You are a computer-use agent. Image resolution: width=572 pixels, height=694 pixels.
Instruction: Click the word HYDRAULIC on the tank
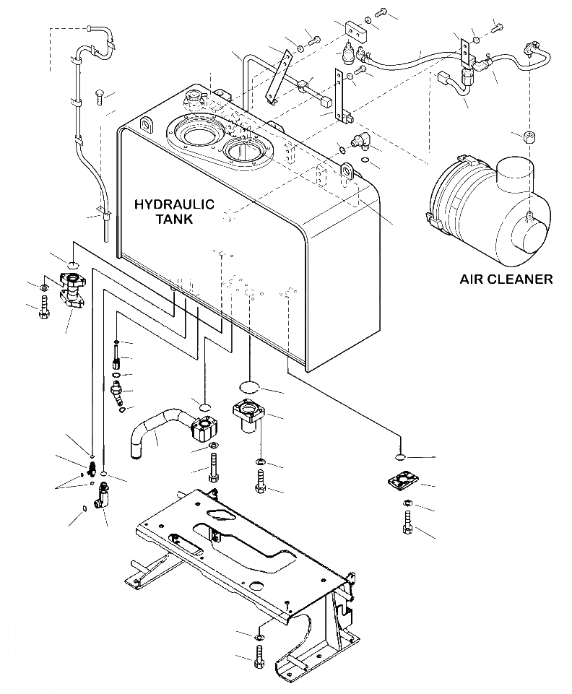pyautogui.click(x=174, y=204)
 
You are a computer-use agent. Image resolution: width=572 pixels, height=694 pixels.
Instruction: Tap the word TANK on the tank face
pyautogui.click(x=174, y=219)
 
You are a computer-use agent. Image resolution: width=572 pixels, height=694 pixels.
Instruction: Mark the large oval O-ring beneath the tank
pyautogui.click(x=250, y=387)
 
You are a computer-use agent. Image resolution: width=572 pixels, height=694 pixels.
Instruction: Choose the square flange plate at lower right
pyautogui.click(x=402, y=482)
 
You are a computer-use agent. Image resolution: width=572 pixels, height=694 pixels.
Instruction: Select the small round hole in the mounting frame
pyautogui.click(x=256, y=586)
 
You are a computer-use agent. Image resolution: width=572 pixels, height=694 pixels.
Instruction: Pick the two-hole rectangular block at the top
pyautogui.click(x=355, y=30)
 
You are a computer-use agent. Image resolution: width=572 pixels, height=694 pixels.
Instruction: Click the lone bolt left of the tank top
pyautogui.click(x=99, y=97)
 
